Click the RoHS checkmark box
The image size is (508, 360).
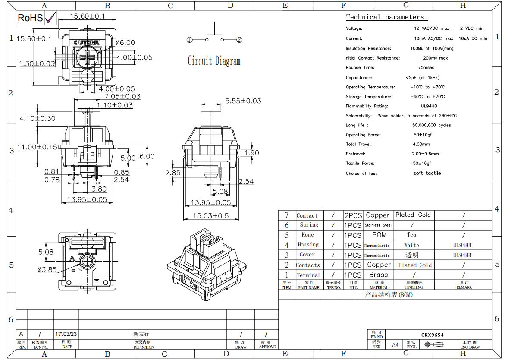[x=50, y=17]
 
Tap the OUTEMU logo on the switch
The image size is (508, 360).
[x=88, y=43]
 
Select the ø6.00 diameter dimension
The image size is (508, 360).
[x=125, y=43]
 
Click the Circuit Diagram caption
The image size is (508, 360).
[x=214, y=61]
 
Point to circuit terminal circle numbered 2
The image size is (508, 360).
[x=239, y=40]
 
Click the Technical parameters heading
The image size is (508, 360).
[x=386, y=17]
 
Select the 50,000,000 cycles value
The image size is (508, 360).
[x=431, y=125]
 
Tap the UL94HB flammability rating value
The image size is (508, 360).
[x=429, y=106]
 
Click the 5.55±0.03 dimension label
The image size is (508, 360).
[x=243, y=101]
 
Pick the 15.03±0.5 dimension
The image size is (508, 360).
[x=210, y=216]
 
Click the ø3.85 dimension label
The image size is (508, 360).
[x=47, y=270]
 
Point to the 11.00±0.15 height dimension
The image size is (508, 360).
[x=38, y=147]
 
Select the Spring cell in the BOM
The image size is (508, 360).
[x=309, y=225]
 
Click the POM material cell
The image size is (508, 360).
[x=379, y=235]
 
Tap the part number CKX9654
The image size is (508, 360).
[x=432, y=335]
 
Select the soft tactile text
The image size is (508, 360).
[x=427, y=173]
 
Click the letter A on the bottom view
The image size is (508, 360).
[x=72, y=259]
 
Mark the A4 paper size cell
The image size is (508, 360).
[x=395, y=344]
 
